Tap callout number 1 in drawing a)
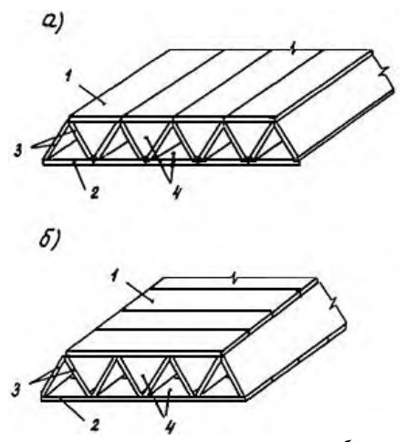[x=68, y=77]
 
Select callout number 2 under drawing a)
[x=95, y=192]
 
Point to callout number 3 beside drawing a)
[x=18, y=151]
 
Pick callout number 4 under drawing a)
[x=176, y=192]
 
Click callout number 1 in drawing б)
[x=114, y=277]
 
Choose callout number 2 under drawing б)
[x=95, y=426]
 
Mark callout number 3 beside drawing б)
[x=16, y=390]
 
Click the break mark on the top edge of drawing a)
[x=293, y=49]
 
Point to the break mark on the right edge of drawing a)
[x=384, y=72]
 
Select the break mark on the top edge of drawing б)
[x=234, y=278]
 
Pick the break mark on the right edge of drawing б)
[x=334, y=303]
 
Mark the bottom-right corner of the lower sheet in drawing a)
[x=300, y=164]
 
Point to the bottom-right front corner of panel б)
[x=245, y=400]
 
